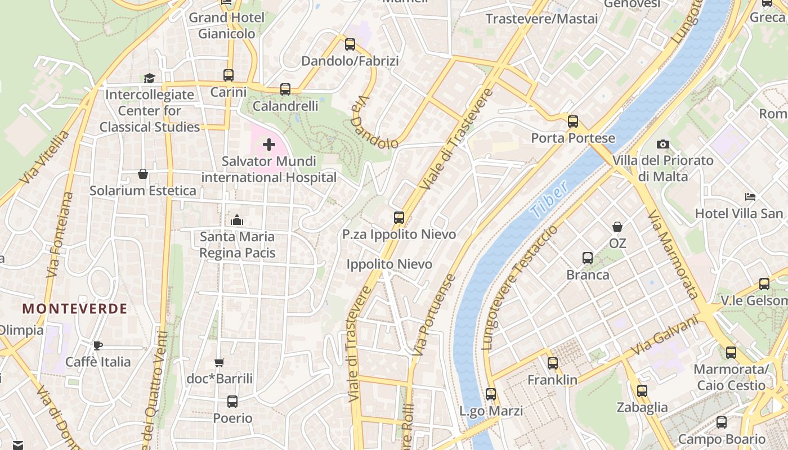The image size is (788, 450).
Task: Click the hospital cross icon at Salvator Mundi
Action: pos(269,145)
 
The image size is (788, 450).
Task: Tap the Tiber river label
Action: pos(549,201)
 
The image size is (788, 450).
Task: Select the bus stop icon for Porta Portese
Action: pos(573,121)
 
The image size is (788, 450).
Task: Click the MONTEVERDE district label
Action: pos(75,308)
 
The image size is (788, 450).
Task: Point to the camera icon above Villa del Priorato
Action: pos(663,144)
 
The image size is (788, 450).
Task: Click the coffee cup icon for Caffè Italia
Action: pos(98,345)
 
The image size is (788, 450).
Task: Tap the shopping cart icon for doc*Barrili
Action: pos(220,362)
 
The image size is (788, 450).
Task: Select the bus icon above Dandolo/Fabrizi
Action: pos(350,44)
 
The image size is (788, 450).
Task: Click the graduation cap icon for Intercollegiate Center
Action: pos(149,78)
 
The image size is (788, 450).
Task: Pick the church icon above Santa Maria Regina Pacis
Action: pos(237,220)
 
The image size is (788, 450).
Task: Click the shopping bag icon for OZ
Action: pos(617,227)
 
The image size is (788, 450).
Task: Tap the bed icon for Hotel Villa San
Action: pos(750,197)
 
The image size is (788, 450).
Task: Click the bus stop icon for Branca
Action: pos(588,258)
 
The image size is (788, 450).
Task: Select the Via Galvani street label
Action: pos(664,335)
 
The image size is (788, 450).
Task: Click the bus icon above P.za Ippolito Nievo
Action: pos(399,217)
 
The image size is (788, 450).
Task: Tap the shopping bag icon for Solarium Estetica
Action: pos(143,174)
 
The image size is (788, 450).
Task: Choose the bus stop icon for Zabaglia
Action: pos(642,390)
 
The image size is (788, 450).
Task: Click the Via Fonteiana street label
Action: pos(60,235)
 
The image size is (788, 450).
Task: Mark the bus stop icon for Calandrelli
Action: pos(285,89)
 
